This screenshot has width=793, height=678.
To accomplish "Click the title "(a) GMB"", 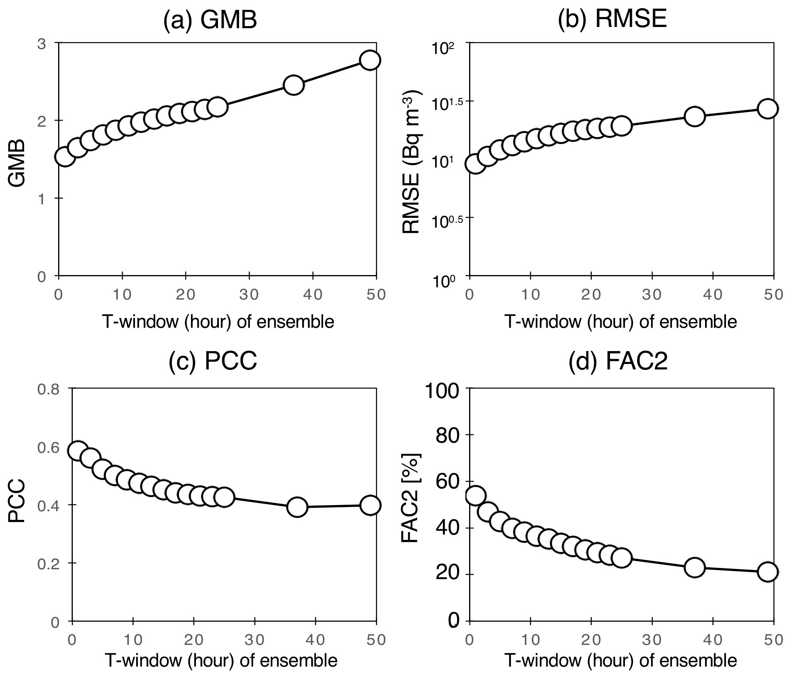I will (x=210, y=20).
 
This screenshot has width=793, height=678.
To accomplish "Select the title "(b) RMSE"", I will (x=612, y=18).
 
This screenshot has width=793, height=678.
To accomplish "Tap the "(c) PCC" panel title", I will (x=213, y=360).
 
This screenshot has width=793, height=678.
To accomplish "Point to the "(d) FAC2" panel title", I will (x=618, y=361).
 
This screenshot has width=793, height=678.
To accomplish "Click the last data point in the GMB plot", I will (x=370, y=60).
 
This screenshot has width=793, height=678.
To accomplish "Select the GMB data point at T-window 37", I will (x=293, y=85).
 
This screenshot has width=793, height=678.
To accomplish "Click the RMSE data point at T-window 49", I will (x=767, y=109).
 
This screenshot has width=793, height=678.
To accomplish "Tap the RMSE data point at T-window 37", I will (x=694, y=116).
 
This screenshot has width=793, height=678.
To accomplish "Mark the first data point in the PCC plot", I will (x=78, y=450).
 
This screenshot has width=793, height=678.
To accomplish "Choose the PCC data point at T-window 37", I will (x=297, y=507).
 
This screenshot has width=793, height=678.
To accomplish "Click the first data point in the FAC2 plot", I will (x=476, y=495).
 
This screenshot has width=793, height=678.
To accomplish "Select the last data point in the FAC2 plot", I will (x=767, y=572).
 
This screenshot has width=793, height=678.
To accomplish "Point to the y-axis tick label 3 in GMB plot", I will (x=41, y=43).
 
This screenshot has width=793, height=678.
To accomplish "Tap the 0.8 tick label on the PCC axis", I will (x=48, y=389).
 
